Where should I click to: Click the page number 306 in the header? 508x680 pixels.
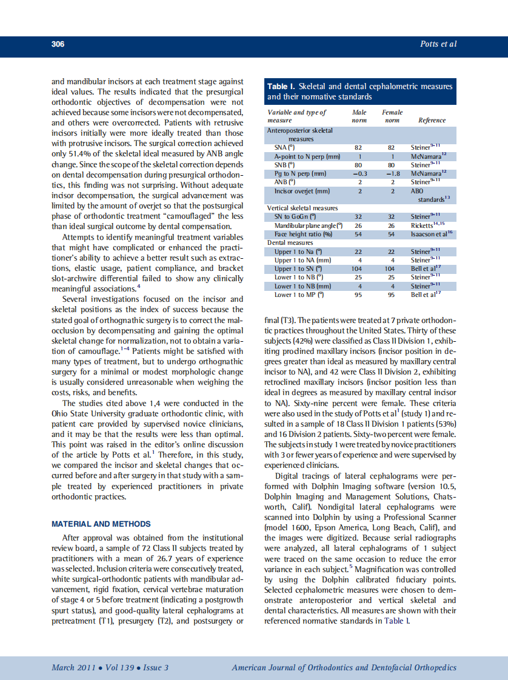coord(58,44)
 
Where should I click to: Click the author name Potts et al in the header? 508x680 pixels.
coord(438,44)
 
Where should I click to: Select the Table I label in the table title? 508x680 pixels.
coord(281,87)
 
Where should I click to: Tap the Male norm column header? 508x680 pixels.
coord(359,116)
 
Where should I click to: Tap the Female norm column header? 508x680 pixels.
coord(392,116)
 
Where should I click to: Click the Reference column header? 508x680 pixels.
coord(432,120)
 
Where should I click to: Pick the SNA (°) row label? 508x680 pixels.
coord(284,147)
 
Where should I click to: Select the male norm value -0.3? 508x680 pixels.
coord(359,173)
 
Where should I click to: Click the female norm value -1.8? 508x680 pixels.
coord(392,173)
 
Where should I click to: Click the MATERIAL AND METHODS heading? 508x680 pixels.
coord(101,524)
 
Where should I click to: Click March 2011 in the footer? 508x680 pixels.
coord(72,668)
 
